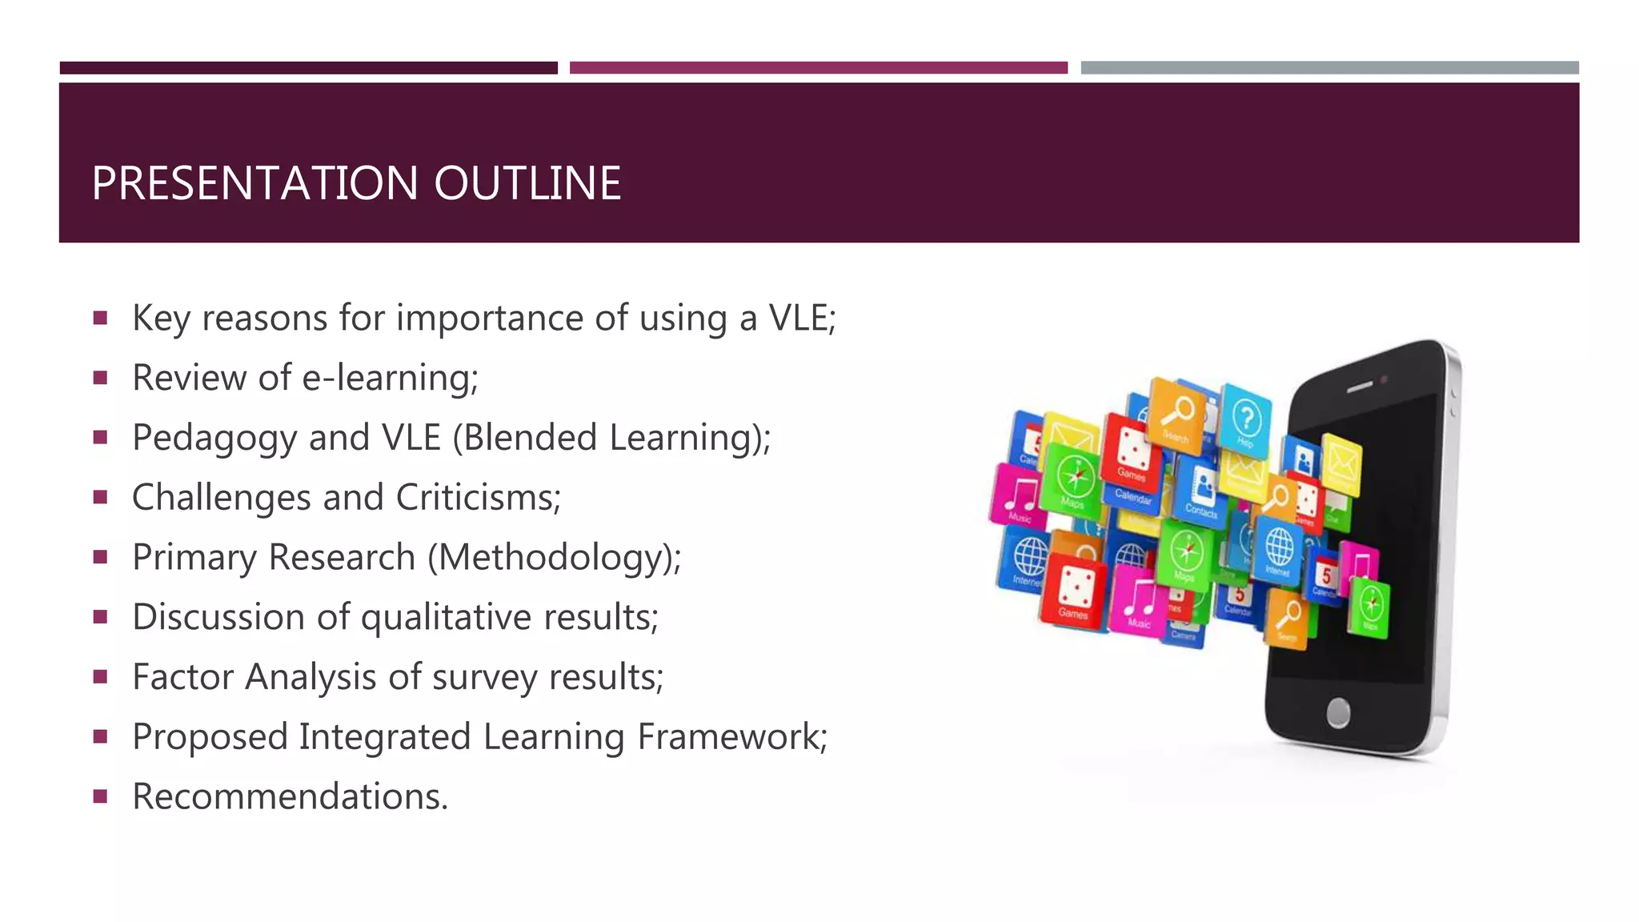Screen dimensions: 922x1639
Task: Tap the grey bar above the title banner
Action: [x=1329, y=68]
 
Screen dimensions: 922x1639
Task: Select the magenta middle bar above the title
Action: [x=818, y=68]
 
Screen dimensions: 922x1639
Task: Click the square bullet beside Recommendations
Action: [x=100, y=796]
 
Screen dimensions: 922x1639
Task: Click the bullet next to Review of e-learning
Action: [x=100, y=378]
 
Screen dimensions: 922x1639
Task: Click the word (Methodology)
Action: [x=554, y=558]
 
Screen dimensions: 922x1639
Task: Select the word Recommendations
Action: [x=290, y=797]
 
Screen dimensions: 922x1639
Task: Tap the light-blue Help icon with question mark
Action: [x=1246, y=419]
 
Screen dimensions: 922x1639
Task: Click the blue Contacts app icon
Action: [x=1201, y=488]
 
